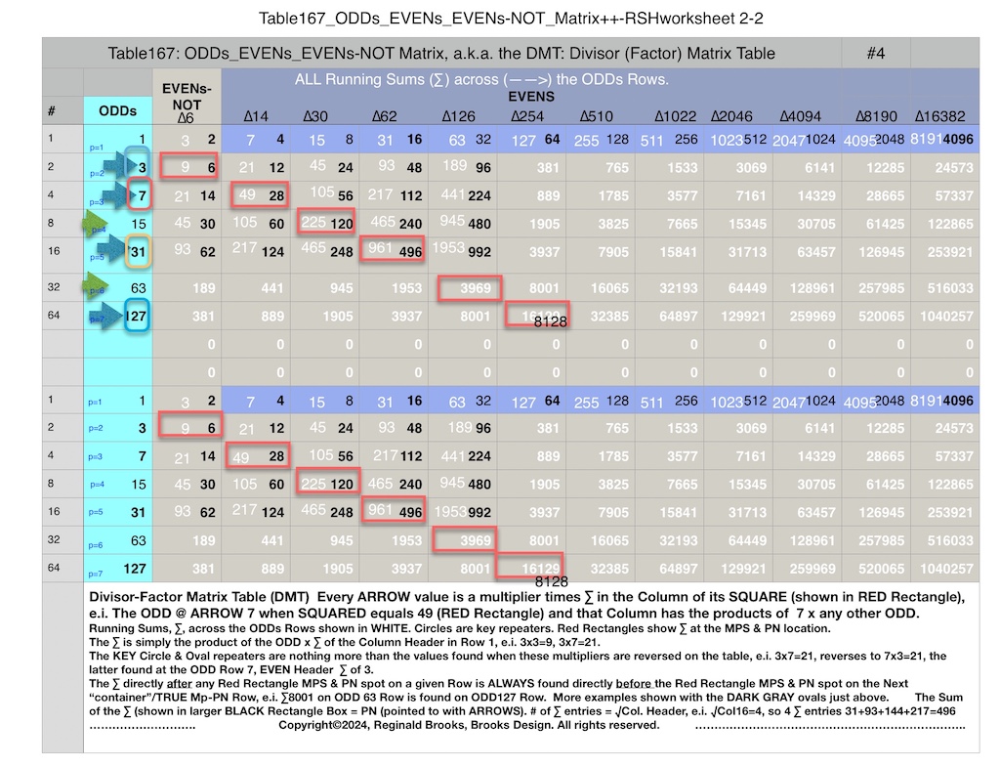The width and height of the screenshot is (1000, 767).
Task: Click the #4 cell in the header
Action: tap(875, 54)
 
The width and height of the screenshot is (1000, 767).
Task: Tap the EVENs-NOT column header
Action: tap(186, 97)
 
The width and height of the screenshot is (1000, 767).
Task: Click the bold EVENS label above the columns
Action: tap(531, 97)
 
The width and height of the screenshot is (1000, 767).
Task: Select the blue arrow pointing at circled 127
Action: tap(108, 315)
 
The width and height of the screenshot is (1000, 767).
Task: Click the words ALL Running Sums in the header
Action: tap(352, 80)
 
